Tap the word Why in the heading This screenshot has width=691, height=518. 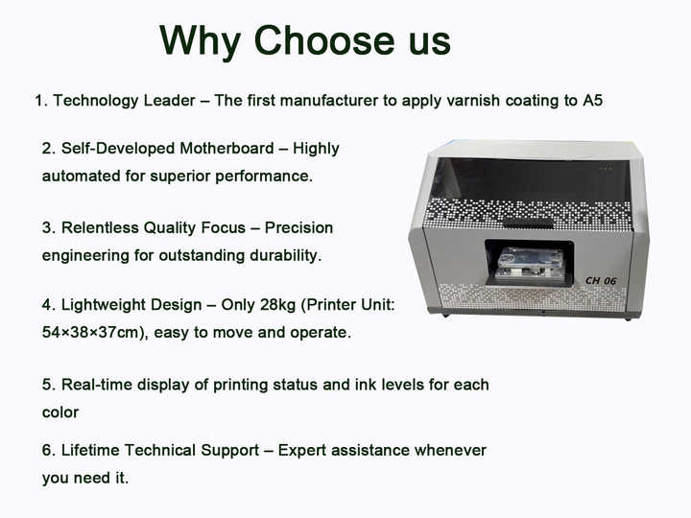coord(203,40)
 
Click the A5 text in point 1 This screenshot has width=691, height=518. coord(592,100)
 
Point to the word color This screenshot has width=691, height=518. coord(60,412)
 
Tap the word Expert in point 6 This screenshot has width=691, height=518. coord(302,450)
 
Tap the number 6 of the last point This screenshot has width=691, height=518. coord(47,450)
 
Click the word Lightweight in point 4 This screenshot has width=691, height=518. coord(105,305)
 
